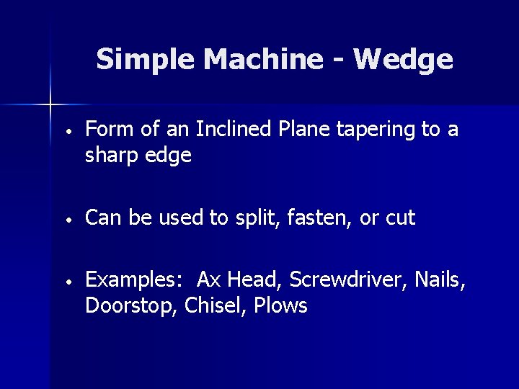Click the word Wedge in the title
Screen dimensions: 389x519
404,61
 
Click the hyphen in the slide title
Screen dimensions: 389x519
338,59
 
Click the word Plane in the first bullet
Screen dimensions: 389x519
283,130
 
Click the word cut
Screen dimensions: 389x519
400,218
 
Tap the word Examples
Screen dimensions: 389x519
136,280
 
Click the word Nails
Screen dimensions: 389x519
440,279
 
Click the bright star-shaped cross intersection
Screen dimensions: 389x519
50,105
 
